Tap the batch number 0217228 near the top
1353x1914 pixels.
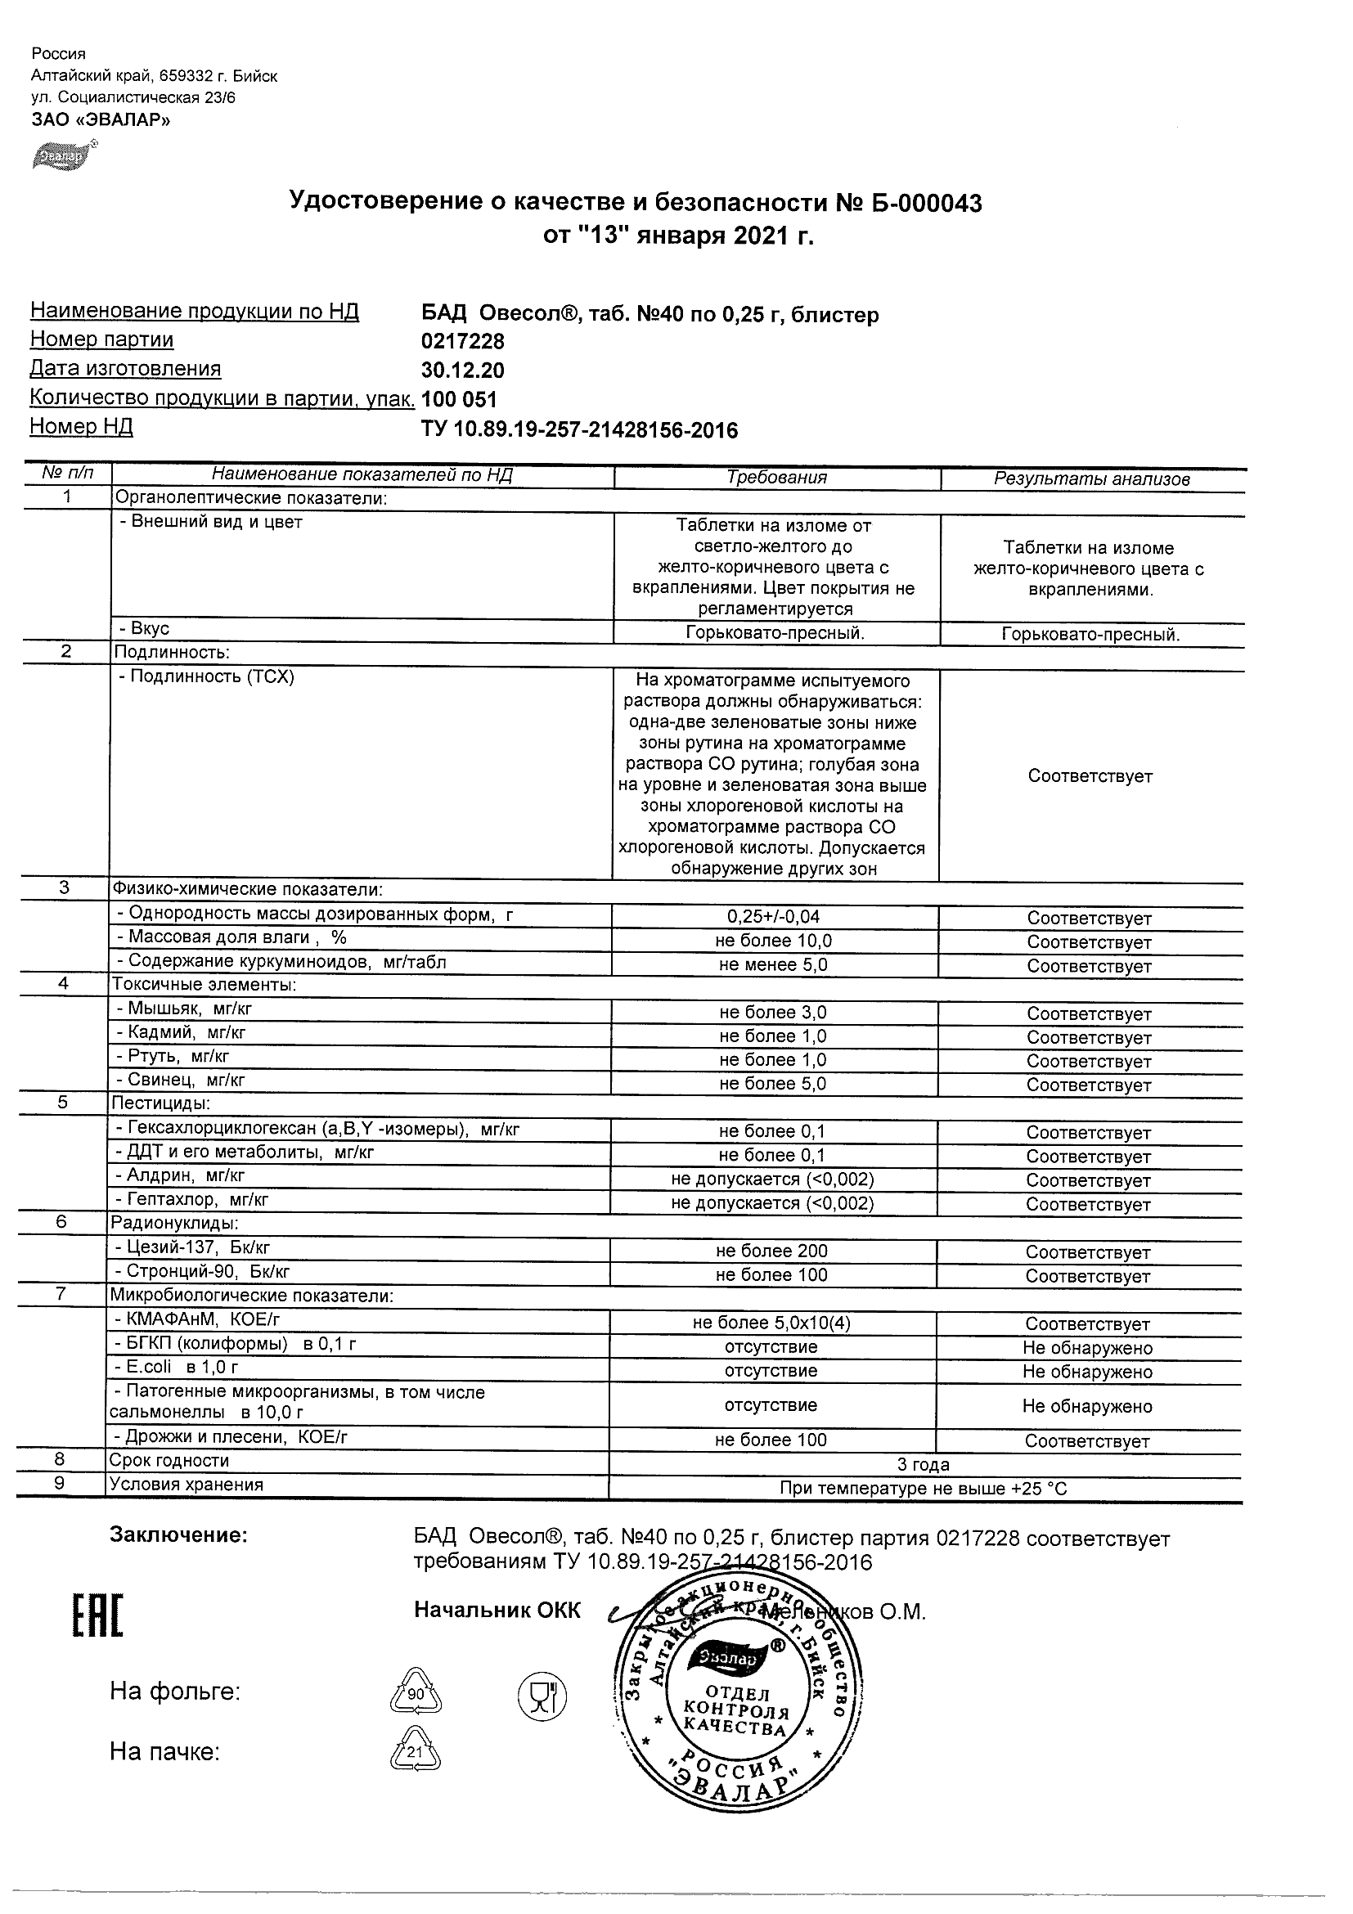(463, 342)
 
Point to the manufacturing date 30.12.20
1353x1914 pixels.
(463, 371)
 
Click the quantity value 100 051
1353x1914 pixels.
(460, 399)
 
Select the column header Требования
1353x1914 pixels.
(776, 478)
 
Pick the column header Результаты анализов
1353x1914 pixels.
(1091, 479)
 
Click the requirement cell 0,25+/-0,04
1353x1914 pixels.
(773, 917)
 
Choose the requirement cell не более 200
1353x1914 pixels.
(771, 1251)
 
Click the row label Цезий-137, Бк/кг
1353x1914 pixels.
(198, 1248)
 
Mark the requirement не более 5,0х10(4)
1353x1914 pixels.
(771, 1323)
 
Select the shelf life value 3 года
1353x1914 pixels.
(923, 1465)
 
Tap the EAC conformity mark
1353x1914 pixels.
(97, 1618)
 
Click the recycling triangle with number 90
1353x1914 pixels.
(416, 1694)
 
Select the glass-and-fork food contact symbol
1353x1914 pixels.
(542, 1695)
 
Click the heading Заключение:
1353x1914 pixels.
(178, 1535)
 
